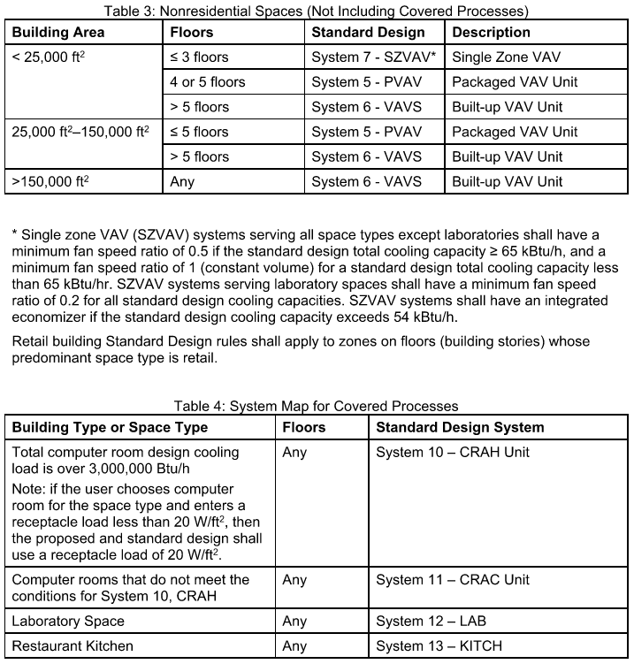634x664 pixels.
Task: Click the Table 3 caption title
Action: (x=317, y=11)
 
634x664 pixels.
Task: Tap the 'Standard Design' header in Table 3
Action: (x=368, y=32)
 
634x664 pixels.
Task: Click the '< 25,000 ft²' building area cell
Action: (x=50, y=57)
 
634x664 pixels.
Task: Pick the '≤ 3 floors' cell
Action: (x=199, y=57)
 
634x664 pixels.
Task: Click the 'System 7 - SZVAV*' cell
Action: (x=373, y=57)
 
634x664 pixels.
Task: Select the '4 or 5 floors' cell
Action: (x=208, y=81)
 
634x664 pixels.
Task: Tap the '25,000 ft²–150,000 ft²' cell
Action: (x=80, y=132)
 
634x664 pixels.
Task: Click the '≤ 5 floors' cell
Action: (x=199, y=132)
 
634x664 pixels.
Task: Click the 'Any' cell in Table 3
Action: (x=182, y=182)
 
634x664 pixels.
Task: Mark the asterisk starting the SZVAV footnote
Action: (x=14, y=235)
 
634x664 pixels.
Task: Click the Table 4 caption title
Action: (x=316, y=406)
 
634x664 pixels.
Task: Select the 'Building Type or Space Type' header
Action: (x=110, y=427)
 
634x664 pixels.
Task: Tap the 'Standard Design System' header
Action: (x=460, y=427)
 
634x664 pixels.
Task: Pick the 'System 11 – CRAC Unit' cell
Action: (x=453, y=580)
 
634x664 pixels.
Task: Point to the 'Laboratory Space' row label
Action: (x=68, y=621)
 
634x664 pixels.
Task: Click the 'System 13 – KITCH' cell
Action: (x=444, y=645)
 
